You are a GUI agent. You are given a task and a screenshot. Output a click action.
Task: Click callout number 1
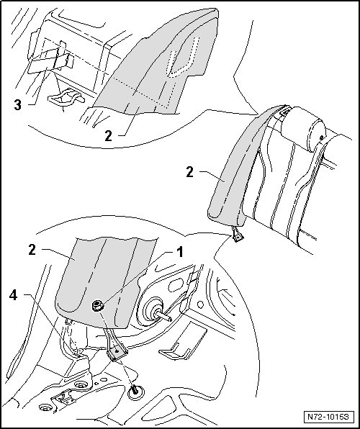(179, 252)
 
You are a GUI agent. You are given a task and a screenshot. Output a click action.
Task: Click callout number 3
(18, 105)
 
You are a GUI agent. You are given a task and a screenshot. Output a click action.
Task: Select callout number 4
(14, 295)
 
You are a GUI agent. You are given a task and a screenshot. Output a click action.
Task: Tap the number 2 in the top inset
(109, 135)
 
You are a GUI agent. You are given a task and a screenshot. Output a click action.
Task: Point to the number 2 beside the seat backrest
(189, 172)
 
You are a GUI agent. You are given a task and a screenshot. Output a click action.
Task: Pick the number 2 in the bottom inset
(32, 250)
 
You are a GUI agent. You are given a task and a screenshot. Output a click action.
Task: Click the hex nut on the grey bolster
(97, 305)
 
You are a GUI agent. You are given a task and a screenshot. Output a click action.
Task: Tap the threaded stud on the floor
(135, 390)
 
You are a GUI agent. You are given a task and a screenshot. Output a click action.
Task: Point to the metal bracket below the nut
(116, 346)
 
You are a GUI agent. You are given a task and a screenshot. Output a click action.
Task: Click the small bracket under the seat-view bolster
(237, 235)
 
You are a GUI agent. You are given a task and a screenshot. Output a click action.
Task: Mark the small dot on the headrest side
(322, 137)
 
